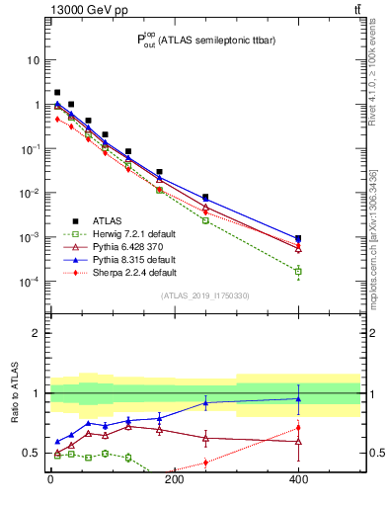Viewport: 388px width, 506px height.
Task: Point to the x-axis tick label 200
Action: click(x=174, y=482)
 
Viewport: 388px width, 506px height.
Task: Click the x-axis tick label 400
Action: click(x=298, y=482)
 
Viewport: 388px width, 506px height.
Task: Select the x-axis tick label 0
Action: click(x=50, y=482)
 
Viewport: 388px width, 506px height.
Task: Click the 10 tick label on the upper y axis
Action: click(x=33, y=60)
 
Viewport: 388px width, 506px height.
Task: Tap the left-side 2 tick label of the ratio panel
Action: click(x=36, y=333)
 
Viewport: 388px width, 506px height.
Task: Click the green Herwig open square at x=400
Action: click(x=298, y=271)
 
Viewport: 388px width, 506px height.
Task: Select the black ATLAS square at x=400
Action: click(x=298, y=238)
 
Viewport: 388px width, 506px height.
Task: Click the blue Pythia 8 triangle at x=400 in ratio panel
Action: click(x=298, y=399)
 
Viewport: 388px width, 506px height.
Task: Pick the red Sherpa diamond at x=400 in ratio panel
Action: click(x=298, y=428)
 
